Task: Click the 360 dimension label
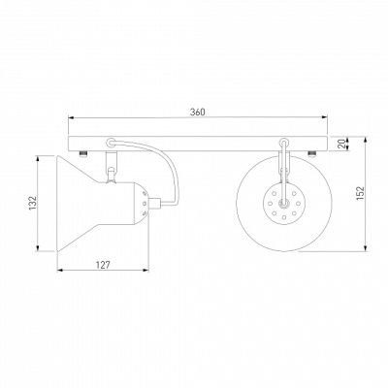tap(197, 112)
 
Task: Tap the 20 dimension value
tap(341, 144)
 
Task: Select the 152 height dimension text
tap(361, 193)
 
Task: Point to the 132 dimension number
tap(33, 204)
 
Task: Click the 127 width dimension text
tap(103, 265)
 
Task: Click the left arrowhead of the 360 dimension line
tap(70, 118)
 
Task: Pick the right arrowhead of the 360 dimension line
tap(325, 118)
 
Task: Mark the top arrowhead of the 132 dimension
tap(38, 158)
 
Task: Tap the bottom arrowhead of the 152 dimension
tap(366, 248)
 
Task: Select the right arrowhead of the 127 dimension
tap(146, 270)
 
